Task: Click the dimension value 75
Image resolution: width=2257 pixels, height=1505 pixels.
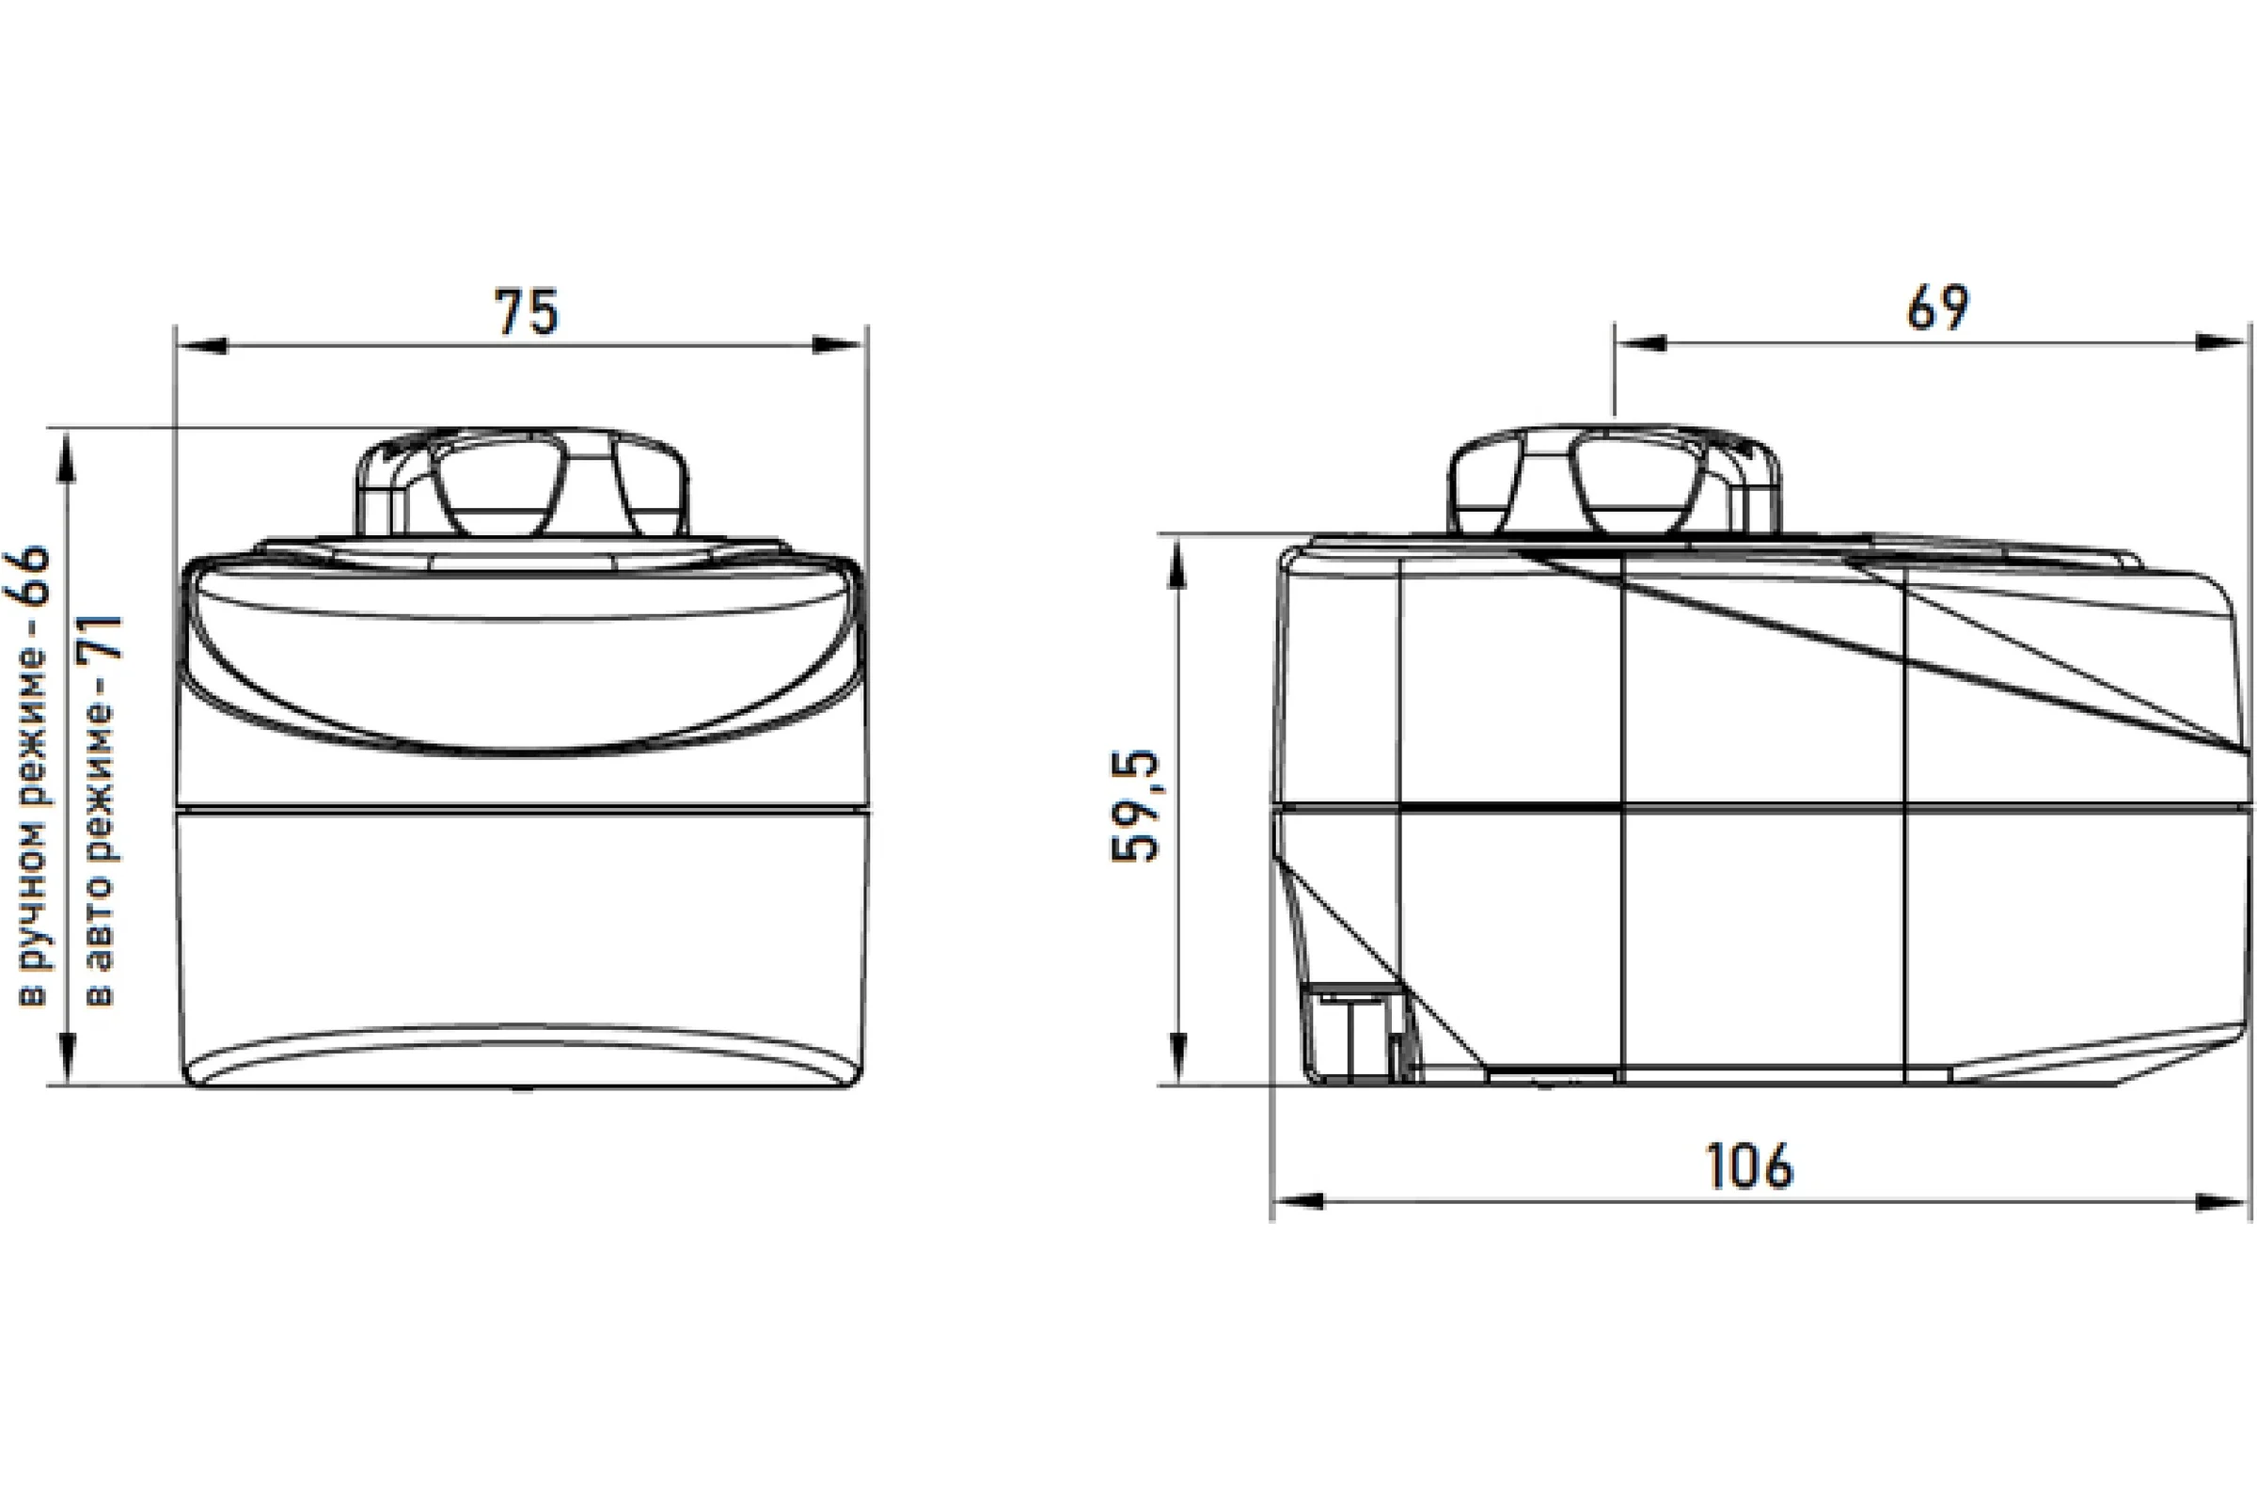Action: pyautogui.click(x=526, y=312)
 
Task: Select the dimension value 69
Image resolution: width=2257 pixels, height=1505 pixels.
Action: pyautogui.click(x=1938, y=309)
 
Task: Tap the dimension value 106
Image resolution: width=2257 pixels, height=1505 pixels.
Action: pyautogui.click(x=1748, y=1166)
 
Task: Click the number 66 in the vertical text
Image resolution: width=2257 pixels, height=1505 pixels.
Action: pyautogui.click(x=36, y=575)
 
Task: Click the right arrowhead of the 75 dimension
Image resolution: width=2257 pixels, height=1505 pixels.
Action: pyautogui.click(x=837, y=345)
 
